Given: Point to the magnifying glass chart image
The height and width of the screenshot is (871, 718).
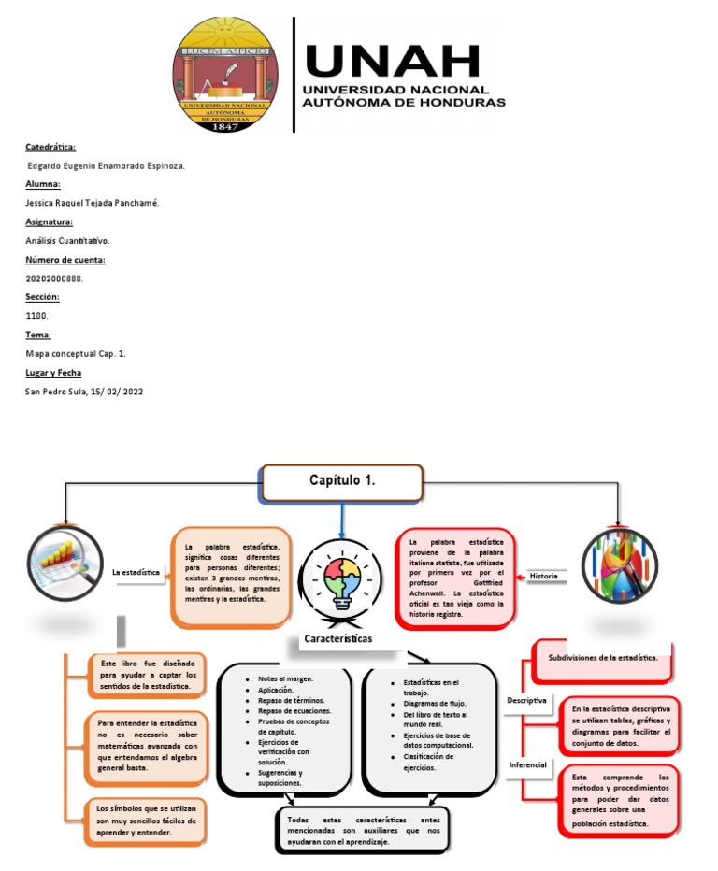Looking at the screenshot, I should pyautogui.click(x=63, y=560).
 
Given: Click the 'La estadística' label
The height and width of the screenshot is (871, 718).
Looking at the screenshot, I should pyautogui.click(x=136, y=571).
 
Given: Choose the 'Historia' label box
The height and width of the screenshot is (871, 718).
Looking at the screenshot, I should pyautogui.click(x=543, y=577).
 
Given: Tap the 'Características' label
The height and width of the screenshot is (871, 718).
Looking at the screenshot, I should pyautogui.click(x=337, y=638).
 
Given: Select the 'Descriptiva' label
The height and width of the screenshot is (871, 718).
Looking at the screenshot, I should pyautogui.click(x=526, y=700).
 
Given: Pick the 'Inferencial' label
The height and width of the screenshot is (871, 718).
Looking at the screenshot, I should pyautogui.click(x=527, y=764).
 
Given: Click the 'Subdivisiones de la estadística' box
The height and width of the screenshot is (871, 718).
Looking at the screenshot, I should pyautogui.click(x=603, y=658).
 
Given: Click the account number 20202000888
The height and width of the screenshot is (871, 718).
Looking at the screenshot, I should pyautogui.click(x=54, y=278).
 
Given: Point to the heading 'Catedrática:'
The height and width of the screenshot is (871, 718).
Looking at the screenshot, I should pyautogui.click(x=50, y=147).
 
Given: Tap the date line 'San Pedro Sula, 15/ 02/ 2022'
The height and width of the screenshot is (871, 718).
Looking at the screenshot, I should pyautogui.click(x=84, y=391).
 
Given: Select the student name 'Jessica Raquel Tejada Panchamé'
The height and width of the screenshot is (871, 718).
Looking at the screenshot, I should pyautogui.click(x=92, y=203).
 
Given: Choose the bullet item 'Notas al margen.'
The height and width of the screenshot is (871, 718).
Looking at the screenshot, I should pyautogui.click(x=286, y=678).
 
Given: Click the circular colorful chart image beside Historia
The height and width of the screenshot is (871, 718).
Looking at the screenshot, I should pyautogui.click(x=614, y=564).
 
